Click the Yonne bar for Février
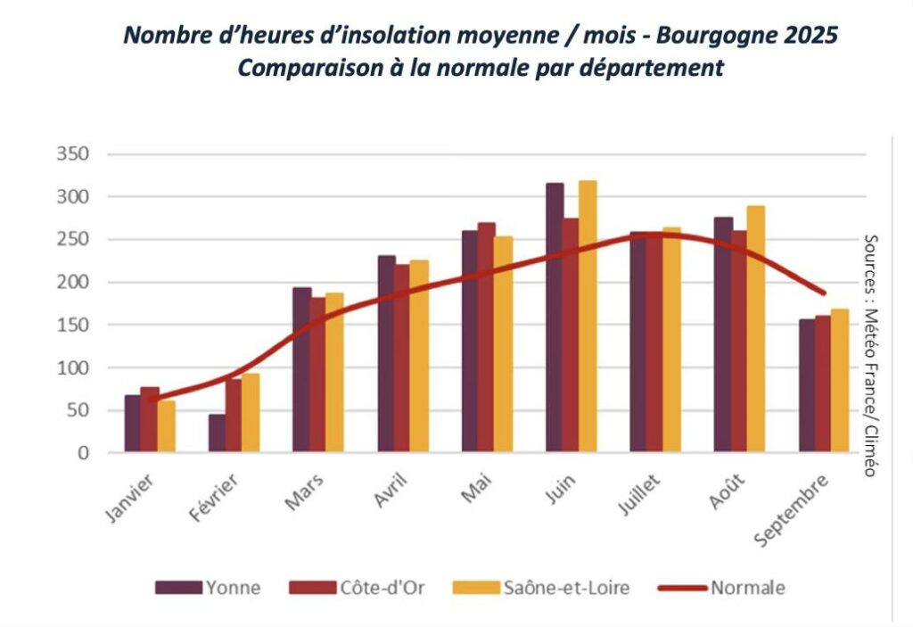217,433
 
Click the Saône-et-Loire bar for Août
755,329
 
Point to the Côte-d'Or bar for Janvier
149,420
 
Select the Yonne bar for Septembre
806,386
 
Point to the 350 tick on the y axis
72,154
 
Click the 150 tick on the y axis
72,325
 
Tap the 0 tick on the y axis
83,453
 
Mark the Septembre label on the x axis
792,509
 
